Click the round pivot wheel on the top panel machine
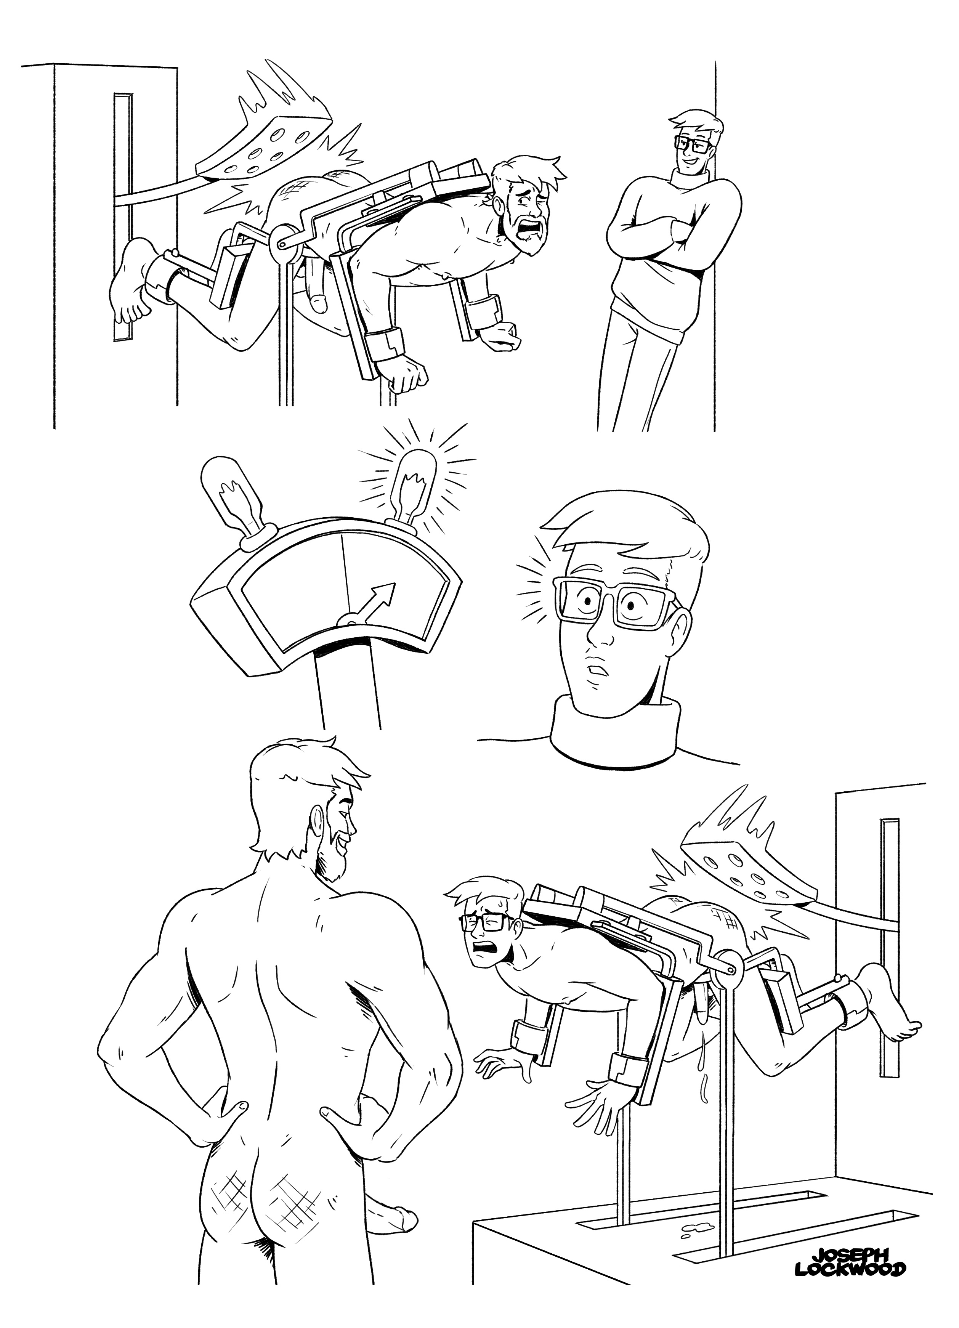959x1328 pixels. (284, 241)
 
